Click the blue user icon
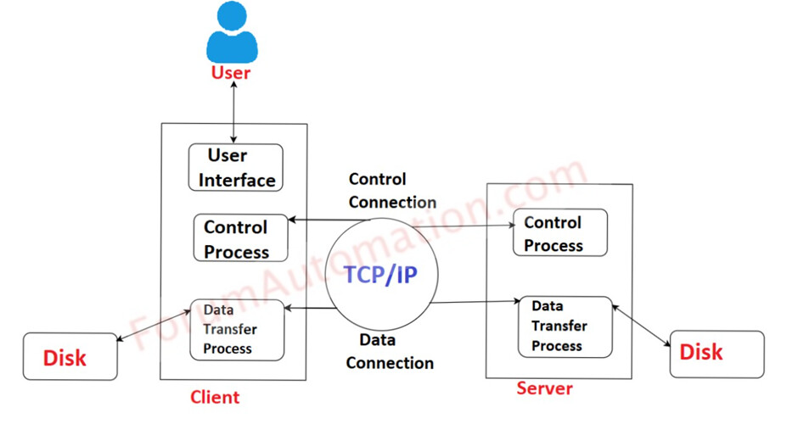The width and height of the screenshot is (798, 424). [231, 32]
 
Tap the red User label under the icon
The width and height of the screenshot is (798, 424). [231, 74]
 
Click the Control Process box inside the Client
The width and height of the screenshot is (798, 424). [240, 238]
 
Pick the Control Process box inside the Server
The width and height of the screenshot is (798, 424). [559, 233]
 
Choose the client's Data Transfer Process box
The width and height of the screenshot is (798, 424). [236, 329]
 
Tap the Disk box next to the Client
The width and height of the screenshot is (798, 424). [65, 357]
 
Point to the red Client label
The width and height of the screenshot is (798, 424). [215, 396]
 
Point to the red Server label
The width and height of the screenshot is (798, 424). [544, 388]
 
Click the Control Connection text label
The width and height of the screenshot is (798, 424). [391, 191]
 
